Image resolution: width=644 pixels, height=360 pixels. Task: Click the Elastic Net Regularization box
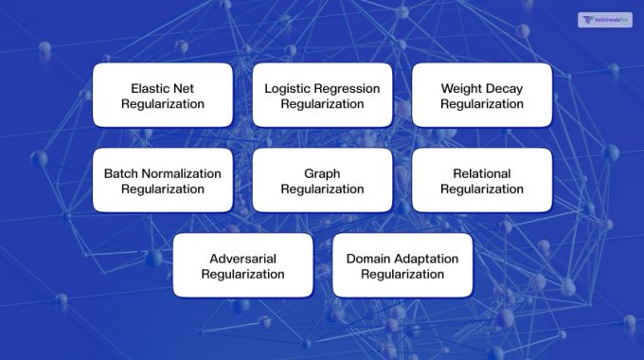pyautogui.click(x=162, y=95)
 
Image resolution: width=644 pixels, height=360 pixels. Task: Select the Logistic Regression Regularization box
pyautogui.click(x=322, y=95)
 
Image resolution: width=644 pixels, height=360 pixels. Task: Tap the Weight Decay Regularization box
pyautogui.click(x=481, y=95)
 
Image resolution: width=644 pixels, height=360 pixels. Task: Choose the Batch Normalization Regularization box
pyautogui.click(x=162, y=180)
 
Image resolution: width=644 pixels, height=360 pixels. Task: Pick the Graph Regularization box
pyautogui.click(x=322, y=180)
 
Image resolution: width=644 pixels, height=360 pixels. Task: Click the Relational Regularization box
pyautogui.click(x=481, y=180)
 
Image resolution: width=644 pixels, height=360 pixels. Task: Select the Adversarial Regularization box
pyautogui.click(x=242, y=265)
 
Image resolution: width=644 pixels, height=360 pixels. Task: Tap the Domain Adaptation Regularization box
pyautogui.click(x=402, y=265)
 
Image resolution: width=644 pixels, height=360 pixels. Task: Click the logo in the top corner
pyautogui.click(x=604, y=20)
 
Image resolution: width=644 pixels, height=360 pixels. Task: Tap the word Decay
pyautogui.click(x=504, y=88)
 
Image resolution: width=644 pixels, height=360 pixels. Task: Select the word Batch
pyautogui.click(x=121, y=173)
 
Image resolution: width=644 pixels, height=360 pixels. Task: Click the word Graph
pyautogui.click(x=322, y=173)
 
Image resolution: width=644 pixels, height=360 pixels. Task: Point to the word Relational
pyautogui.click(x=481, y=173)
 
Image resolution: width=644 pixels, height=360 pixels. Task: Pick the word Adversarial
pyautogui.click(x=242, y=259)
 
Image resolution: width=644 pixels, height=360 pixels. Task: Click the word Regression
pyautogui.click(x=348, y=88)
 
